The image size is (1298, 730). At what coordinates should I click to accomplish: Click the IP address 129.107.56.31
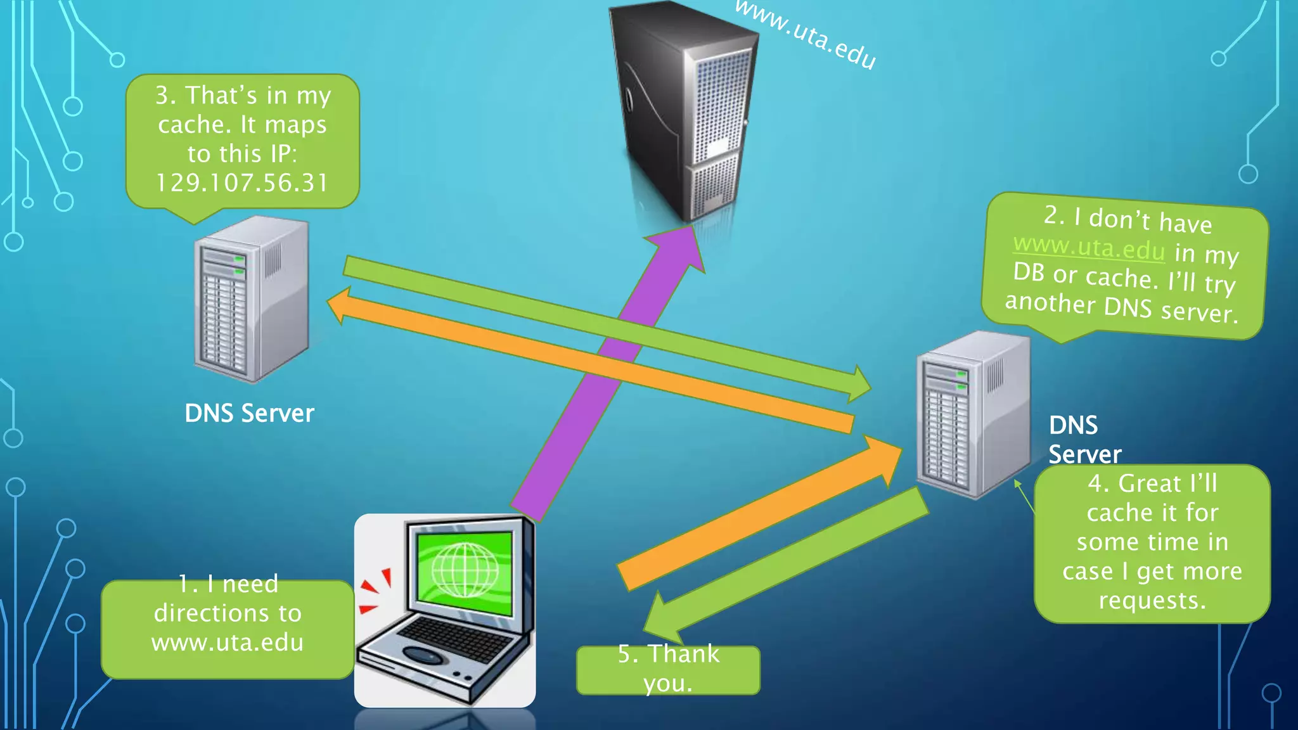(x=242, y=183)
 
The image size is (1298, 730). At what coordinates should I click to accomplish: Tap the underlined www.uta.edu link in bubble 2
(x=1089, y=247)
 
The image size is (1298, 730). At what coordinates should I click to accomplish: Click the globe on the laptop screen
(x=465, y=569)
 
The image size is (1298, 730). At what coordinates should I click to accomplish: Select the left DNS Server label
(x=249, y=413)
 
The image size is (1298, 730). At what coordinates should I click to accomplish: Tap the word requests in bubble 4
(x=1152, y=600)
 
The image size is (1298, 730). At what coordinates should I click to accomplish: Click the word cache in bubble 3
(x=188, y=125)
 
